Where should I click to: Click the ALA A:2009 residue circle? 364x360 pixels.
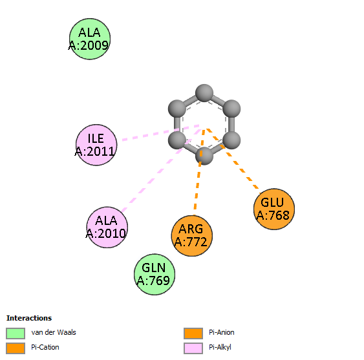pyautogui.click(x=90, y=39)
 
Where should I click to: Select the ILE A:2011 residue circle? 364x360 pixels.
pyautogui.click(x=96, y=145)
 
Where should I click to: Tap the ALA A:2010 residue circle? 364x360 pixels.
pyautogui.click(x=107, y=228)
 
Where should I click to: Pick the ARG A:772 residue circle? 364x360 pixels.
pyautogui.click(x=192, y=236)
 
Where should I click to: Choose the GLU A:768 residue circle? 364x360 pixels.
pyautogui.click(x=274, y=209)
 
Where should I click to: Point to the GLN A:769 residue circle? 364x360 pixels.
pyautogui.click(x=155, y=274)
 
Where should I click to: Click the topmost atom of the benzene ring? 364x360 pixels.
pyautogui.click(x=204, y=93)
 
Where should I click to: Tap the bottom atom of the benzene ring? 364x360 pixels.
pyautogui.click(x=204, y=156)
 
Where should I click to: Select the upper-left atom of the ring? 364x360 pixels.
pyautogui.click(x=177, y=109)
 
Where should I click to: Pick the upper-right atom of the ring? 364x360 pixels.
pyautogui.click(x=231, y=109)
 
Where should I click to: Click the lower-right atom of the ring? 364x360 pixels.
pyautogui.click(x=231, y=140)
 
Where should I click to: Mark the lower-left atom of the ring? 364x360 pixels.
pyautogui.click(x=177, y=140)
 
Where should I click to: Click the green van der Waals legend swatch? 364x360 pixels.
pyautogui.click(x=16, y=334)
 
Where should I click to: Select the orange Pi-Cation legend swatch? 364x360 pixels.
pyautogui.click(x=16, y=348)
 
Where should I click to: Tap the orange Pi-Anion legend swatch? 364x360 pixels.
pyautogui.click(x=193, y=334)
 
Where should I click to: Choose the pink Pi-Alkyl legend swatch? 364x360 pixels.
pyautogui.click(x=193, y=348)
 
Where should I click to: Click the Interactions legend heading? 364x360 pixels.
pyautogui.click(x=29, y=318)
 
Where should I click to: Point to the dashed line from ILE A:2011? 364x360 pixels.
pyautogui.click(x=160, y=132)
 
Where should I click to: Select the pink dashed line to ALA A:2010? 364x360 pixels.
pyautogui.click(x=161, y=170)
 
